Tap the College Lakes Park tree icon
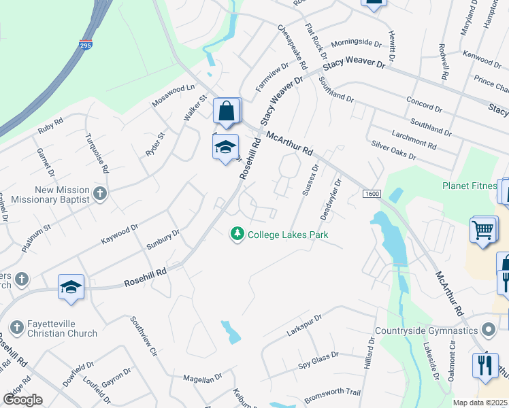point(237,234)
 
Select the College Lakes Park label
point(288,235)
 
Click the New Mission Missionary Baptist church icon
point(100,194)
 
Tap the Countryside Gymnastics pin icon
point(487,330)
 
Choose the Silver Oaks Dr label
point(393,150)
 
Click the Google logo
point(22,400)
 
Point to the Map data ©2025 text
point(480,403)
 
